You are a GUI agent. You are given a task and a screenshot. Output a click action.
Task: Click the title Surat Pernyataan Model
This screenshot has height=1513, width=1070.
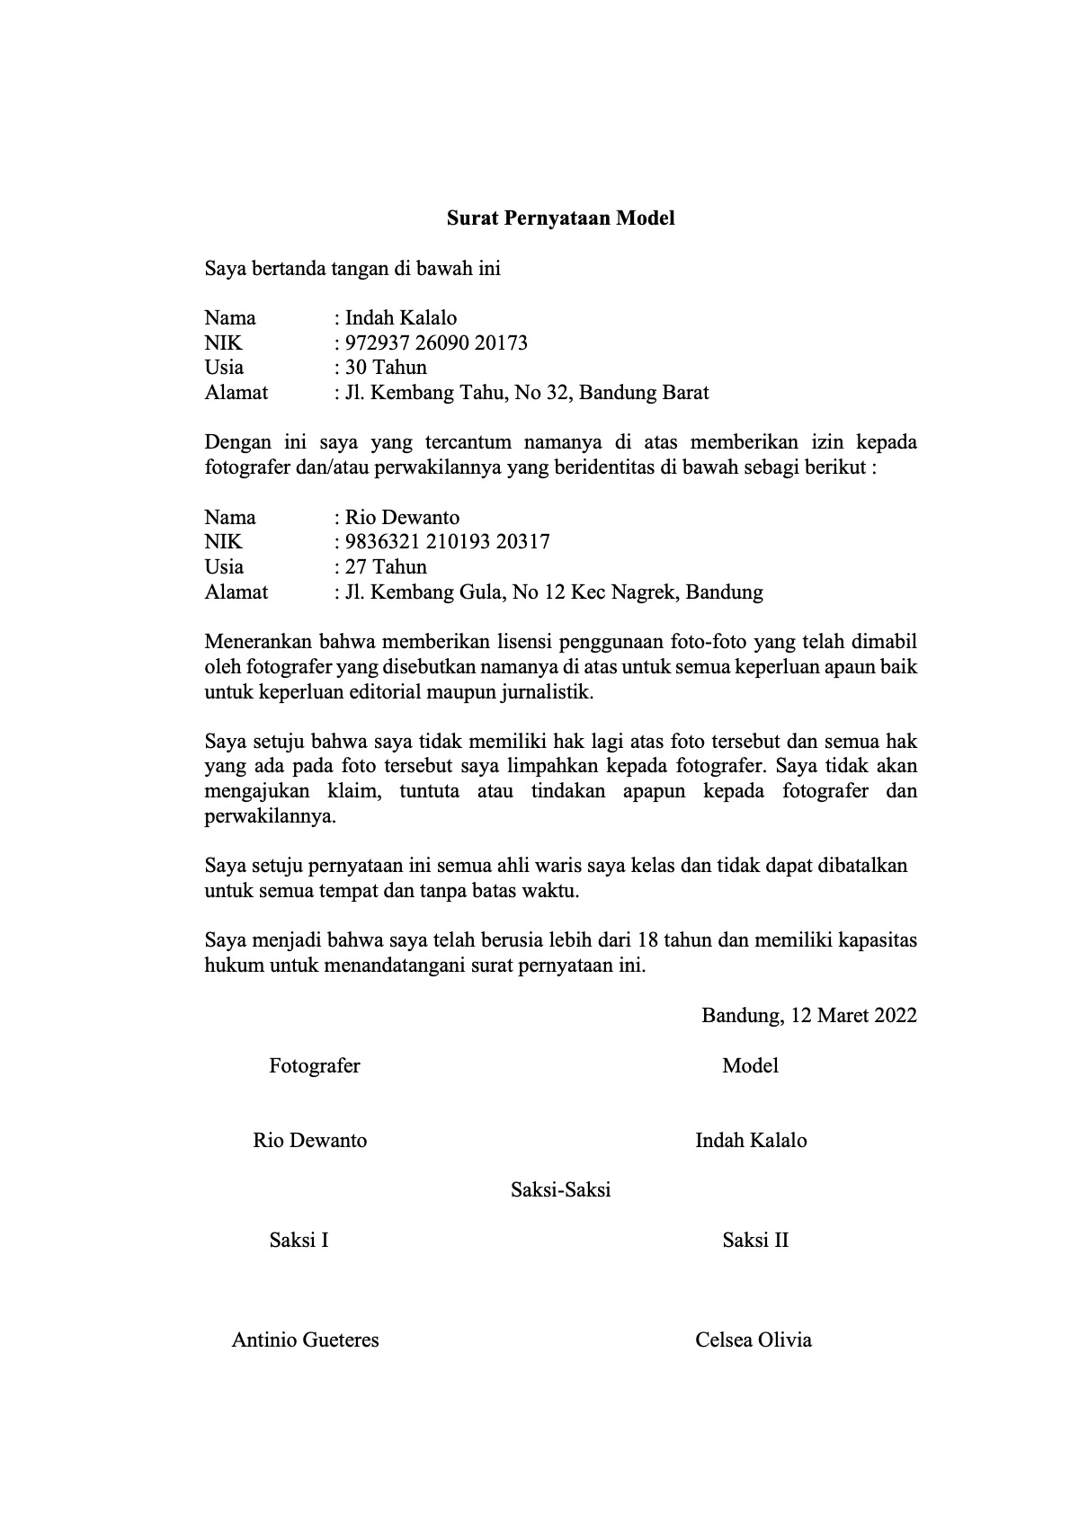(x=561, y=218)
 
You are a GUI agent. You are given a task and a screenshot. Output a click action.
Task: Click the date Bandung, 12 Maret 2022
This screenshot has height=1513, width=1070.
(x=809, y=1015)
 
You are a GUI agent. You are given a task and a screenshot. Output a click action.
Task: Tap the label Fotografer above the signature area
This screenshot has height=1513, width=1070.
(x=314, y=1065)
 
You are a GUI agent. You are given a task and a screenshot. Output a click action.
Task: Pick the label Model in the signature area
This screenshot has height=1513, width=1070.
(x=750, y=1065)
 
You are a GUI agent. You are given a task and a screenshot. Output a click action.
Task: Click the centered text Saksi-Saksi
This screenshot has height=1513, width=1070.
(x=560, y=1189)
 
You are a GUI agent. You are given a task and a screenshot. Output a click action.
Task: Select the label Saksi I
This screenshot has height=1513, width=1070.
(x=299, y=1240)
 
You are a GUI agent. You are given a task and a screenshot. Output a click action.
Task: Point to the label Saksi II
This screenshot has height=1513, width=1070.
(x=755, y=1240)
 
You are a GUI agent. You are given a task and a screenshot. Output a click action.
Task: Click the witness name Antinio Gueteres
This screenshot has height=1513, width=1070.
(x=305, y=1339)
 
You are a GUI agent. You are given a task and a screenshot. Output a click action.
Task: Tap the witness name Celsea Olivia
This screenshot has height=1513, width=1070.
(x=753, y=1339)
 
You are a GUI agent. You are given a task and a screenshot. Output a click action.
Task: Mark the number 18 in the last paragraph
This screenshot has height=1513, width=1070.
(x=647, y=940)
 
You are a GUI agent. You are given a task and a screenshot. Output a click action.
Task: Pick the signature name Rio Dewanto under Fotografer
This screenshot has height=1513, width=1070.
(x=309, y=1140)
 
